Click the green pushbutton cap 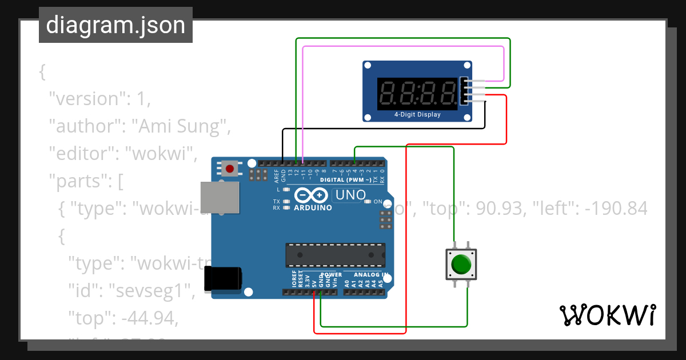(x=461, y=265)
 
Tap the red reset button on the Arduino (x=230, y=169)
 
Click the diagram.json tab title (x=115, y=26)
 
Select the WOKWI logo (x=607, y=315)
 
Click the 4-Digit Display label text (x=417, y=114)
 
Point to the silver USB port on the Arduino (x=220, y=198)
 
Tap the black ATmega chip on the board (x=335, y=255)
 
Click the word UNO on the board (x=350, y=195)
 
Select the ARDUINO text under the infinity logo (x=313, y=207)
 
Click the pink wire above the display (x=400, y=47)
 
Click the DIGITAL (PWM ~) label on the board (x=349, y=180)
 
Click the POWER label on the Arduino (x=331, y=275)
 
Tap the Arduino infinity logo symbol (x=312, y=196)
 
